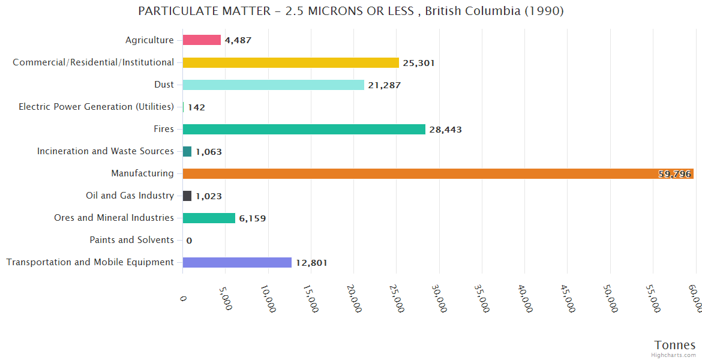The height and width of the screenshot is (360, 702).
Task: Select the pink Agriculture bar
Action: click(x=202, y=40)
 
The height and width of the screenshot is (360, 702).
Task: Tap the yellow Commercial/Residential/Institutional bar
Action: click(x=290, y=62)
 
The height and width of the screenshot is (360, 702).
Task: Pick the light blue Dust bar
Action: click(x=273, y=85)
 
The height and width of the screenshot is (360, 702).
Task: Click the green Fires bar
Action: click(x=304, y=129)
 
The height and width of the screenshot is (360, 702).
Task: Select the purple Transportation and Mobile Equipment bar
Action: click(x=237, y=262)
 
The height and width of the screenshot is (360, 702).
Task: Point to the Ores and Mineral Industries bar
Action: click(x=209, y=218)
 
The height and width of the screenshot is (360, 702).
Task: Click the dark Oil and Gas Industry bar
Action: click(x=187, y=196)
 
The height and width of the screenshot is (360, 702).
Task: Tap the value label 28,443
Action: click(x=446, y=130)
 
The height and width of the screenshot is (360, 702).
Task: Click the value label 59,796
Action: click(x=674, y=174)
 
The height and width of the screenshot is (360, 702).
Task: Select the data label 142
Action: click(x=196, y=107)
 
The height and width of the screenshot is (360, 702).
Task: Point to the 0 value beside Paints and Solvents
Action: click(x=189, y=241)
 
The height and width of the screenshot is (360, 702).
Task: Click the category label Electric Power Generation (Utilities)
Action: click(x=96, y=107)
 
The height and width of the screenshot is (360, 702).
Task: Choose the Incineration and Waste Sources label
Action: click(x=105, y=151)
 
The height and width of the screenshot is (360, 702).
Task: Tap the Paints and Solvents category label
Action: click(x=131, y=240)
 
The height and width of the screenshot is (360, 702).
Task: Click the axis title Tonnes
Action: click(x=674, y=345)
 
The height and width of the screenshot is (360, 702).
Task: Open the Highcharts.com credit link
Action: click(x=674, y=355)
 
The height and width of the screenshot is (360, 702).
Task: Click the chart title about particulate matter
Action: click(x=351, y=11)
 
